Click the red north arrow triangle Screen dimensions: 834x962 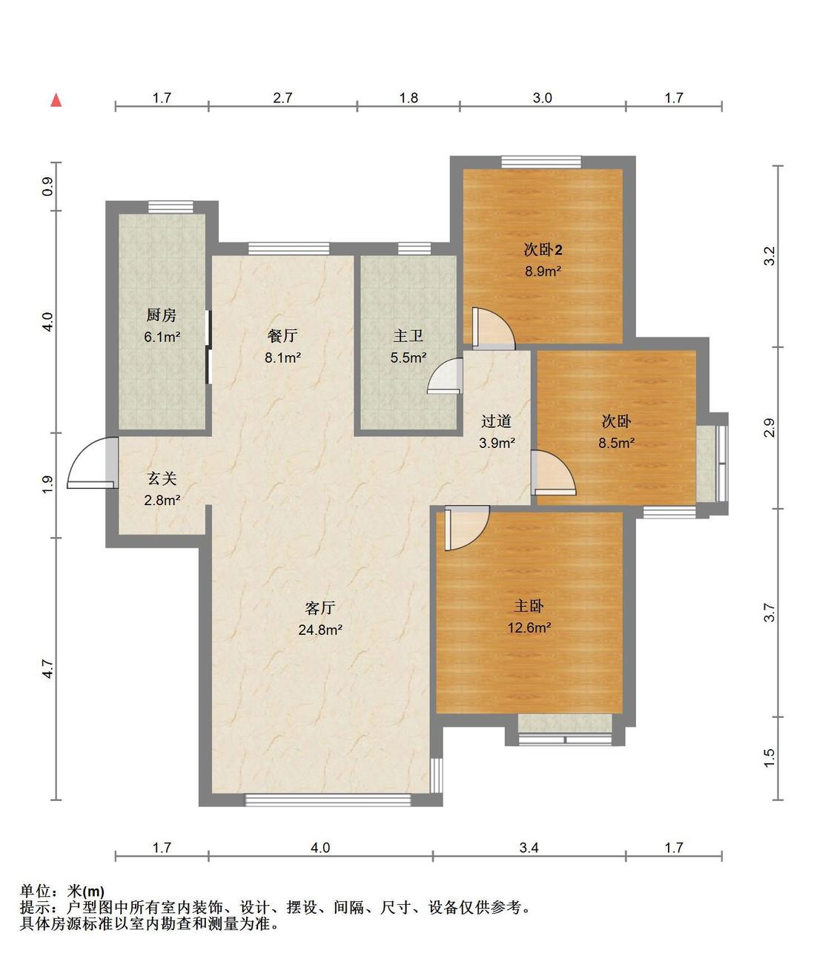coord(56,100)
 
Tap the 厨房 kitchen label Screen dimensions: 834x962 coord(162,315)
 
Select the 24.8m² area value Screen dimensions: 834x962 coord(320,630)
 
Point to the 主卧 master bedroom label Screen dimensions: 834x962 coord(529,606)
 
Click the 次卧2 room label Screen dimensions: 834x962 coord(543,249)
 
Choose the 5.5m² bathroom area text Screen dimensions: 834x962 coord(408,358)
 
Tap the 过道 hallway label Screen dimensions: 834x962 coord(496,421)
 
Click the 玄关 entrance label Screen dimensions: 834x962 coord(162,478)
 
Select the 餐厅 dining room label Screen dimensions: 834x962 coord(282,336)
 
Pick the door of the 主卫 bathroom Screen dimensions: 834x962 coord(446,375)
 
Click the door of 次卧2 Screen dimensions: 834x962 coord(493,328)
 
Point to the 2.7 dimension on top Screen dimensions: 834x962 coord(283,98)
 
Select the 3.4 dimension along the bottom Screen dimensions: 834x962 coord(529,848)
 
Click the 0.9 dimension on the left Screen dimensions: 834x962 coord(48,187)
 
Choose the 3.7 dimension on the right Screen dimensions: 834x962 coord(769,612)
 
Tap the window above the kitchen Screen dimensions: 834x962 coord(171,207)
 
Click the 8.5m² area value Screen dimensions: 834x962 coord(617,443)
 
